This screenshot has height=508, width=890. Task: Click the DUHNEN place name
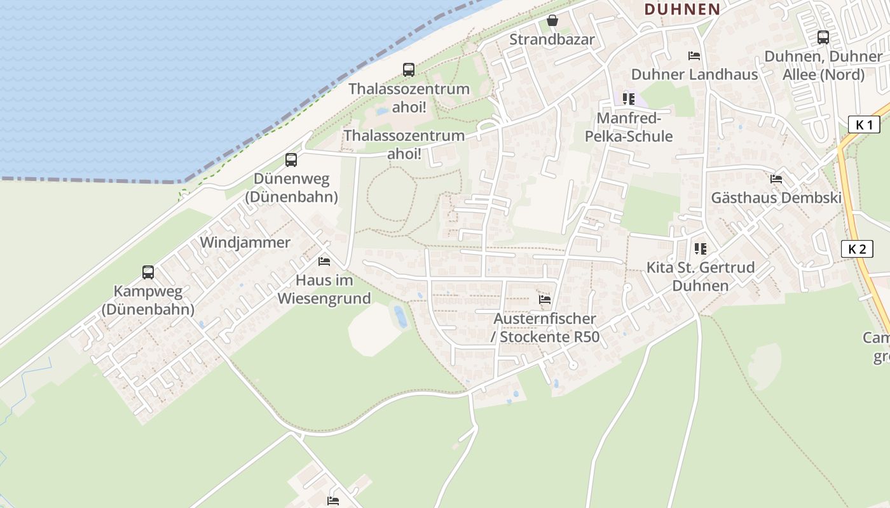(x=682, y=9)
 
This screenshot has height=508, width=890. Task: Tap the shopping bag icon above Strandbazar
(x=552, y=21)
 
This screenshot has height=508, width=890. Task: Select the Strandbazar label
(x=552, y=39)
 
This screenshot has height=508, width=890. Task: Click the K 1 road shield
(x=864, y=124)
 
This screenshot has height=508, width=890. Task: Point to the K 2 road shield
(x=856, y=249)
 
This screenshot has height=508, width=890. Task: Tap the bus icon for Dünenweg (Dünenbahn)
(x=291, y=160)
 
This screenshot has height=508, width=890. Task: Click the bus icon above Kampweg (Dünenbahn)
(x=148, y=272)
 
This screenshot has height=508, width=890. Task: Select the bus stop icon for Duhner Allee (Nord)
(x=823, y=37)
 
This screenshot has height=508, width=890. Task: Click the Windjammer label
(x=245, y=243)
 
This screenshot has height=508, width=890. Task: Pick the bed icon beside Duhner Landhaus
(x=694, y=56)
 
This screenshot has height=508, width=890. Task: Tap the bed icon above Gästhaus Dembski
(x=776, y=179)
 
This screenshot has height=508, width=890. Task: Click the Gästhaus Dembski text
(x=776, y=197)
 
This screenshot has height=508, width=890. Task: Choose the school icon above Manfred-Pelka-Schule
(x=629, y=99)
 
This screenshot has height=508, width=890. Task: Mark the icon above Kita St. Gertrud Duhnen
(x=701, y=249)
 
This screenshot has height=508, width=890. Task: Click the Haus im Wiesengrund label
(x=324, y=289)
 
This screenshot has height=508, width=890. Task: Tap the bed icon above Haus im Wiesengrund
(x=324, y=262)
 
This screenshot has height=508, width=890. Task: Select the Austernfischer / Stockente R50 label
(x=545, y=328)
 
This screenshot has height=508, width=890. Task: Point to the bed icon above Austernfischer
(x=545, y=300)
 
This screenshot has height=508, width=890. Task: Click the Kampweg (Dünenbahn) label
(x=147, y=300)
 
